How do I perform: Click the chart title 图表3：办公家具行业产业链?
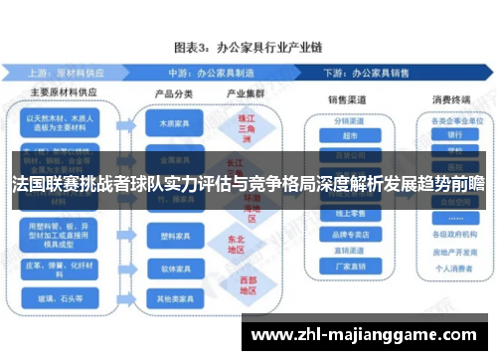pos(249,47)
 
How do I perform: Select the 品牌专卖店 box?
pos(349,237)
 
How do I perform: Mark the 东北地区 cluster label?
pos(237,244)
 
